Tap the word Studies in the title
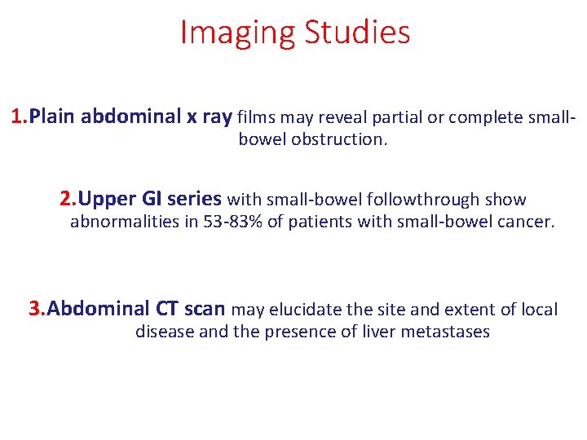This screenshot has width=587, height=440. coord(357,33)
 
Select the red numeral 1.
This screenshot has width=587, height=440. coord(19,117)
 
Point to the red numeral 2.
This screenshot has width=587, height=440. coord(68,199)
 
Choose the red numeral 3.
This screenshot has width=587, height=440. coord(37,309)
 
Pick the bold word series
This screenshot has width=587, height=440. coord(194,199)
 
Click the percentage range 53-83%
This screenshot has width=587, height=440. coord(230,222)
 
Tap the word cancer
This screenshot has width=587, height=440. coord(525,222)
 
